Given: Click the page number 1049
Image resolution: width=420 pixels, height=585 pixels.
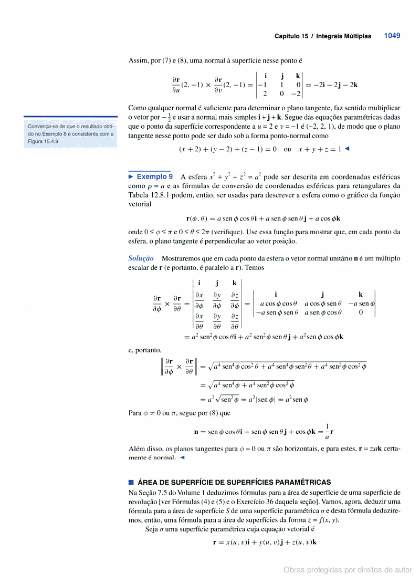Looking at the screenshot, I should coord(392,36).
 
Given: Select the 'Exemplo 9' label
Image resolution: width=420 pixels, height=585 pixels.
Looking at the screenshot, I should coord(154,177).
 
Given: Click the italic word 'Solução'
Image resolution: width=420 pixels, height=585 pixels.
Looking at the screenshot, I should coord(141,258).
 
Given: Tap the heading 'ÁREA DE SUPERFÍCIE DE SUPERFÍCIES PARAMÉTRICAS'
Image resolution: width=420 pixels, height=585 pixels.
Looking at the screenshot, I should coord(234,482).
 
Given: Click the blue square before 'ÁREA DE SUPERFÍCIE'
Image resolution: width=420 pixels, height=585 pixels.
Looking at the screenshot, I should coord(131,482).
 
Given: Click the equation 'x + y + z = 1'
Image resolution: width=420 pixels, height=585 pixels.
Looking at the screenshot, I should coord(320,149).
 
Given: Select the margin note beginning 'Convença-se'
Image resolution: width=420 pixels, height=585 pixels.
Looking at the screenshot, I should coord(70,134).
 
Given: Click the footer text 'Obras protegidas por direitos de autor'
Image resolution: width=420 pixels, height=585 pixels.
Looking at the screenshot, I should coord(348,570).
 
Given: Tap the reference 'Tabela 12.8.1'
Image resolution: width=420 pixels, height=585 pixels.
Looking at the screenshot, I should coord(152,195).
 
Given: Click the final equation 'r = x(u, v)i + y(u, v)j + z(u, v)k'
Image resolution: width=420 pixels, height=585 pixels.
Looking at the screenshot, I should coord(264,541).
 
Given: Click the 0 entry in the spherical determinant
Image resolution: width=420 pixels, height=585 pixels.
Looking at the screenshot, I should coord(361,312).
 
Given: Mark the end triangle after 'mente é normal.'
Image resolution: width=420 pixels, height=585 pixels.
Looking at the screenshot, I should coord(182,457).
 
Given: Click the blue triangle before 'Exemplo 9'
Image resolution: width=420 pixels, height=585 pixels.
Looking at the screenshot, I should coord(131,177).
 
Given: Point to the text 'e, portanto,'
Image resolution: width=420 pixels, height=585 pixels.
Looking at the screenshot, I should coord(145,350).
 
